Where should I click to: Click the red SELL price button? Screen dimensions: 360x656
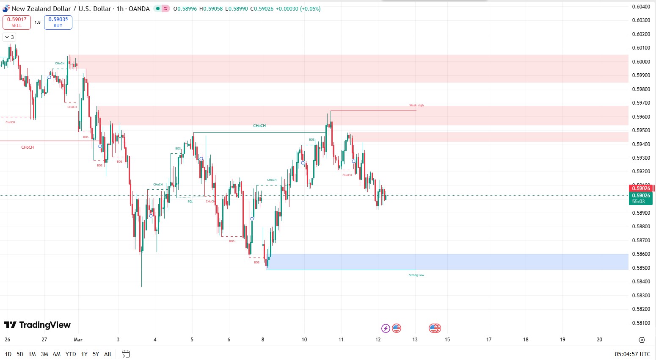(x=17, y=22)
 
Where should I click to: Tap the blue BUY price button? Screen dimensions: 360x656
(x=58, y=22)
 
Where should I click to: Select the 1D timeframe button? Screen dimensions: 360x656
(x=8, y=354)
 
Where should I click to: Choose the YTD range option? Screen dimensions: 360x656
(x=71, y=354)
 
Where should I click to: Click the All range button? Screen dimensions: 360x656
(x=107, y=354)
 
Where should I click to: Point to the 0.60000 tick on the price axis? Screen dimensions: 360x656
(x=641, y=61)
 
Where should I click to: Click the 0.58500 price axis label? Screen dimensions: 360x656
(x=641, y=268)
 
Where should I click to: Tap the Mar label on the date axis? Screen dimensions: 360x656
(x=78, y=339)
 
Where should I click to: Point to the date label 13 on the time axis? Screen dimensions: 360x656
(x=415, y=339)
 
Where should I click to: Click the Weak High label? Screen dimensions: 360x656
(x=416, y=105)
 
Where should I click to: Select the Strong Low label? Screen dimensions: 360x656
(x=416, y=275)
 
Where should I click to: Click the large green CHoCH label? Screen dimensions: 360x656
(x=259, y=126)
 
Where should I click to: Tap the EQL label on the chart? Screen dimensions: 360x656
(x=190, y=202)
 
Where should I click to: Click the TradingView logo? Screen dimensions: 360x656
(x=37, y=325)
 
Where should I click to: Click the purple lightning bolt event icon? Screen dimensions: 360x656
(x=386, y=328)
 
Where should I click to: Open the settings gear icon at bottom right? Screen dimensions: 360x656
(x=642, y=340)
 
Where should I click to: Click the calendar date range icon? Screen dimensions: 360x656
(x=125, y=354)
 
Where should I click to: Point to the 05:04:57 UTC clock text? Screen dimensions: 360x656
(x=632, y=354)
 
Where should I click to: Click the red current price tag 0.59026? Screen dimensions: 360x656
(x=641, y=188)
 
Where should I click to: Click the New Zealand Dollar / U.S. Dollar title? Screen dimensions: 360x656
(x=80, y=8)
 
